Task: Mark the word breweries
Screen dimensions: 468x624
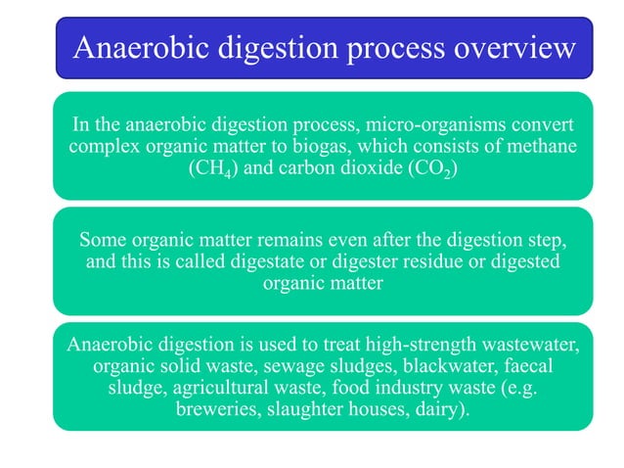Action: [x=218, y=409]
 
